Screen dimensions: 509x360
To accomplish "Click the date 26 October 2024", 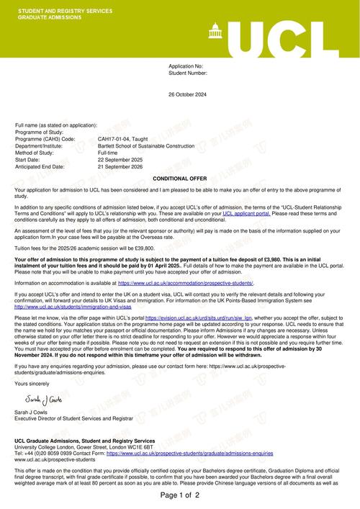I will [x=187, y=94].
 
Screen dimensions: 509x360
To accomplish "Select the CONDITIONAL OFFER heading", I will [x=180, y=178].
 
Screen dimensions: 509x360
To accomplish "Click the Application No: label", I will [x=186, y=66].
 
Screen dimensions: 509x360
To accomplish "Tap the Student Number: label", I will [x=188, y=73].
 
